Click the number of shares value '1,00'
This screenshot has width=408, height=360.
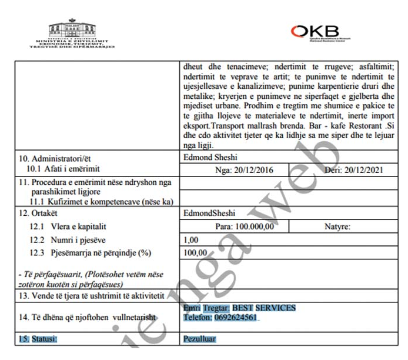click(x=192, y=239)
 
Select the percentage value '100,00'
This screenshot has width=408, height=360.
click(x=195, y=252)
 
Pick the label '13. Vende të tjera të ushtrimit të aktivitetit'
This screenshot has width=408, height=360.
click(x=97, y=295)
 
